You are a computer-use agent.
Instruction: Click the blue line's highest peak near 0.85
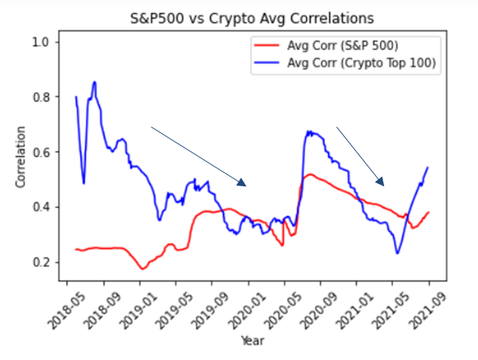95,82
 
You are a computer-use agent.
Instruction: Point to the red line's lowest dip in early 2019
143,268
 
